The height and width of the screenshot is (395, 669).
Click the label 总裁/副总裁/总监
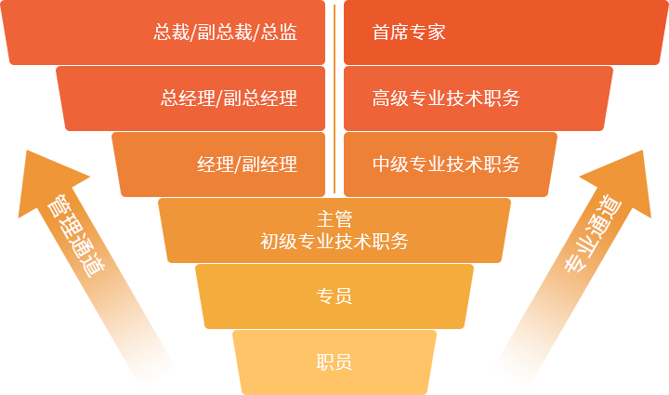tap(226, 33)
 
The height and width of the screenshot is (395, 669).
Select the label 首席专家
tap(409, 33)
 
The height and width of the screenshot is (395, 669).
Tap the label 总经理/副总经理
tap(229, 98)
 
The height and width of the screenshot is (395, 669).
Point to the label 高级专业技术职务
tap(446, 98)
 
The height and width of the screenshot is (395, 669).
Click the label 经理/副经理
tap(247, 165)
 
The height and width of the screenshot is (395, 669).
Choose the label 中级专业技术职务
tap(446, 165)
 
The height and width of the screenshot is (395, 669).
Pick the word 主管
tap(334, 219)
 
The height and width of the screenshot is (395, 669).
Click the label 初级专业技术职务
tap(334, 242)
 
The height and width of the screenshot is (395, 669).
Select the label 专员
tap(334, 296)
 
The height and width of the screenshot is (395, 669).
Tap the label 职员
tap(334, 362)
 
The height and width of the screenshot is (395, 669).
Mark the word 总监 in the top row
tap(280, 33)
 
